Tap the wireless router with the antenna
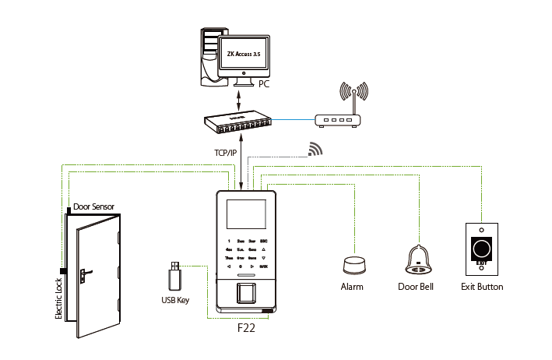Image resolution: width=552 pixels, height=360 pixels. pos(338,119)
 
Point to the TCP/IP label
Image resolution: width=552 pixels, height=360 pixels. pos(225,153)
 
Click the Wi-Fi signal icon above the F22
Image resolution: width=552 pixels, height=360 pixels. pos(315,149)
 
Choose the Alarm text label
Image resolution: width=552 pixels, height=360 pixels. pos(353,287)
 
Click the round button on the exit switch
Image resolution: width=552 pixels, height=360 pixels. pos(482,249)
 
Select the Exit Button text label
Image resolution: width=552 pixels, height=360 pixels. pos(482,287)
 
